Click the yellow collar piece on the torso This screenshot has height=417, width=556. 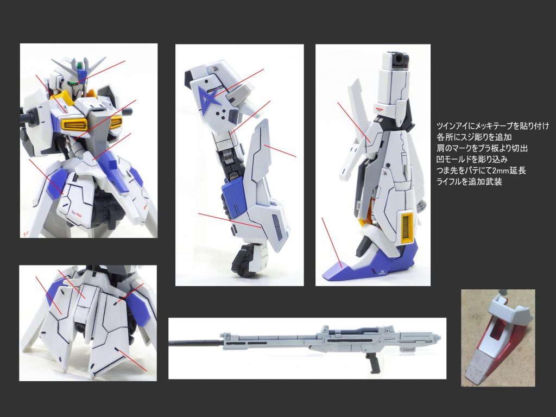point(62,98)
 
